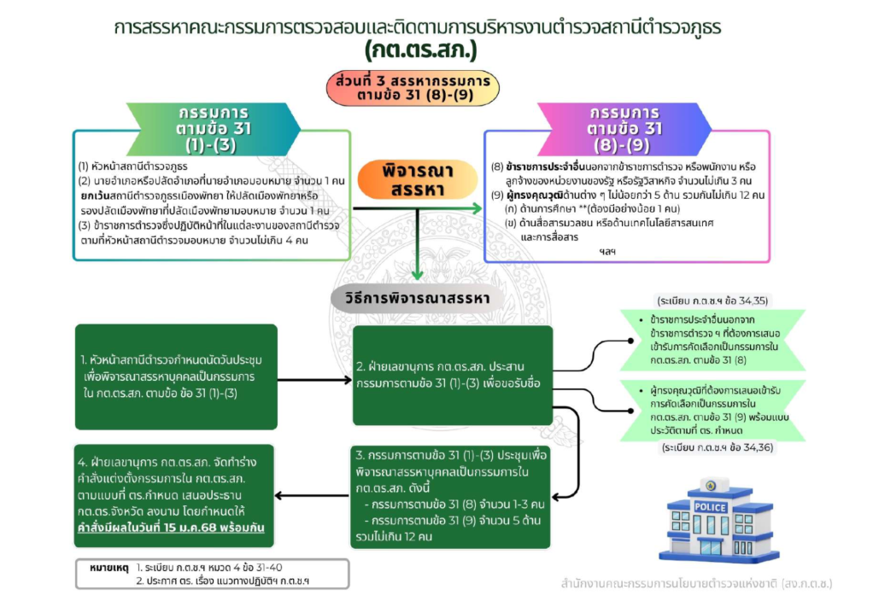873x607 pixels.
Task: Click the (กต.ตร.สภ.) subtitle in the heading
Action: coord(421,50)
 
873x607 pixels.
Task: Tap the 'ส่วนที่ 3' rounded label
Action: coord(413,88)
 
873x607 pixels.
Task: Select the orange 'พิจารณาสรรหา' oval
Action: coord(417,179)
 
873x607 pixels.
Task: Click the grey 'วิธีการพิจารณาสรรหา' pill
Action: coord(418,298)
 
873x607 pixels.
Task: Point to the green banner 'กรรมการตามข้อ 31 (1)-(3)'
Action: coord(214,129)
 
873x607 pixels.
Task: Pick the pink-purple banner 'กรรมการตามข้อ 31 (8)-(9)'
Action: coord(624,129)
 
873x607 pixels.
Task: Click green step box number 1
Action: coord(176,376)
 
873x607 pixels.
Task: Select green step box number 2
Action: coord(453,375)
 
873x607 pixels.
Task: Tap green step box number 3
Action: coord(450,496)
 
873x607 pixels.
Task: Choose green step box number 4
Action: coord(173,496)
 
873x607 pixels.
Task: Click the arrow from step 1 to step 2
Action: coord(314,380)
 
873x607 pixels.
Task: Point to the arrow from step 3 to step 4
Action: coord(312,495)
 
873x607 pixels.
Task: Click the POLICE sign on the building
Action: coord(710,507)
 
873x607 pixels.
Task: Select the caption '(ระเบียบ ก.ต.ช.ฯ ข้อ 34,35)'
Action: coord(712,301)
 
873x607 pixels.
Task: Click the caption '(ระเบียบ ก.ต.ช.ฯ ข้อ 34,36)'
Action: coord(718,447)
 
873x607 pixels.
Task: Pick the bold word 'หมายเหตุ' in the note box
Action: coord(109,568)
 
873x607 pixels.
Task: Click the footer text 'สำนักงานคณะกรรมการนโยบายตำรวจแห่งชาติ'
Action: coord(670,584)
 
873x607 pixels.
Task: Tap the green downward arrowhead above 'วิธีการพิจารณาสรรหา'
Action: coord(417,274)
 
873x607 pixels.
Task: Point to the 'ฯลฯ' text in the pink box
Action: coord(607,252)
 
